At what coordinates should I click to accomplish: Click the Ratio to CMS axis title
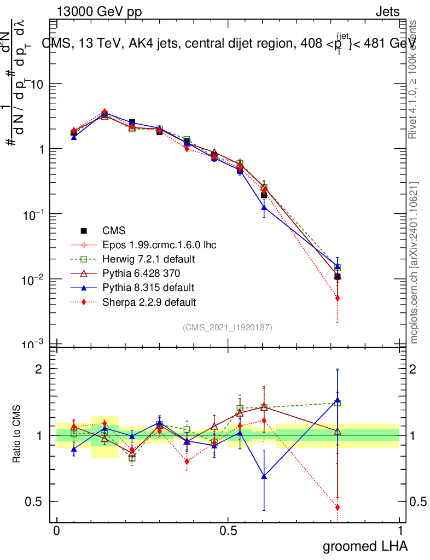click(x=17, y=435)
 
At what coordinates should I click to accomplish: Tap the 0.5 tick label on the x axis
click(x=228, y=531)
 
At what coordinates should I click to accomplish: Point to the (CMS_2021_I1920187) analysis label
click(x=228, y=327)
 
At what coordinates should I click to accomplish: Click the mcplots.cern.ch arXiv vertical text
click(x=415, y=262)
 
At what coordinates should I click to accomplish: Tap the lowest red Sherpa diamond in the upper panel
click(x=338, y=298)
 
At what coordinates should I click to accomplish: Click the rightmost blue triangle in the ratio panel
click(x=338, y=401)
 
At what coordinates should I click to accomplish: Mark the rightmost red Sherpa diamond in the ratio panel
click(x=338, y=507)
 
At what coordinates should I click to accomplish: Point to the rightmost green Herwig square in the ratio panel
click(x=338, y=403)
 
